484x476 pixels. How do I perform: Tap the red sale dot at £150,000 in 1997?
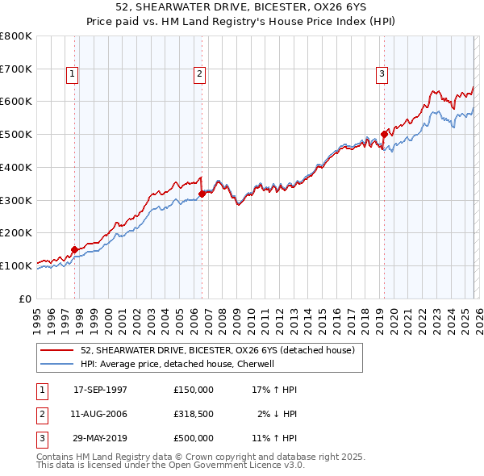74,249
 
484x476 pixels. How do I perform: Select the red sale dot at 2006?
202,194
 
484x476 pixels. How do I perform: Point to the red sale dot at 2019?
384,134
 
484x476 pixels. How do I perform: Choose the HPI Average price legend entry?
177,364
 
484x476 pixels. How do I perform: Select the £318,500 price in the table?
194,414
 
